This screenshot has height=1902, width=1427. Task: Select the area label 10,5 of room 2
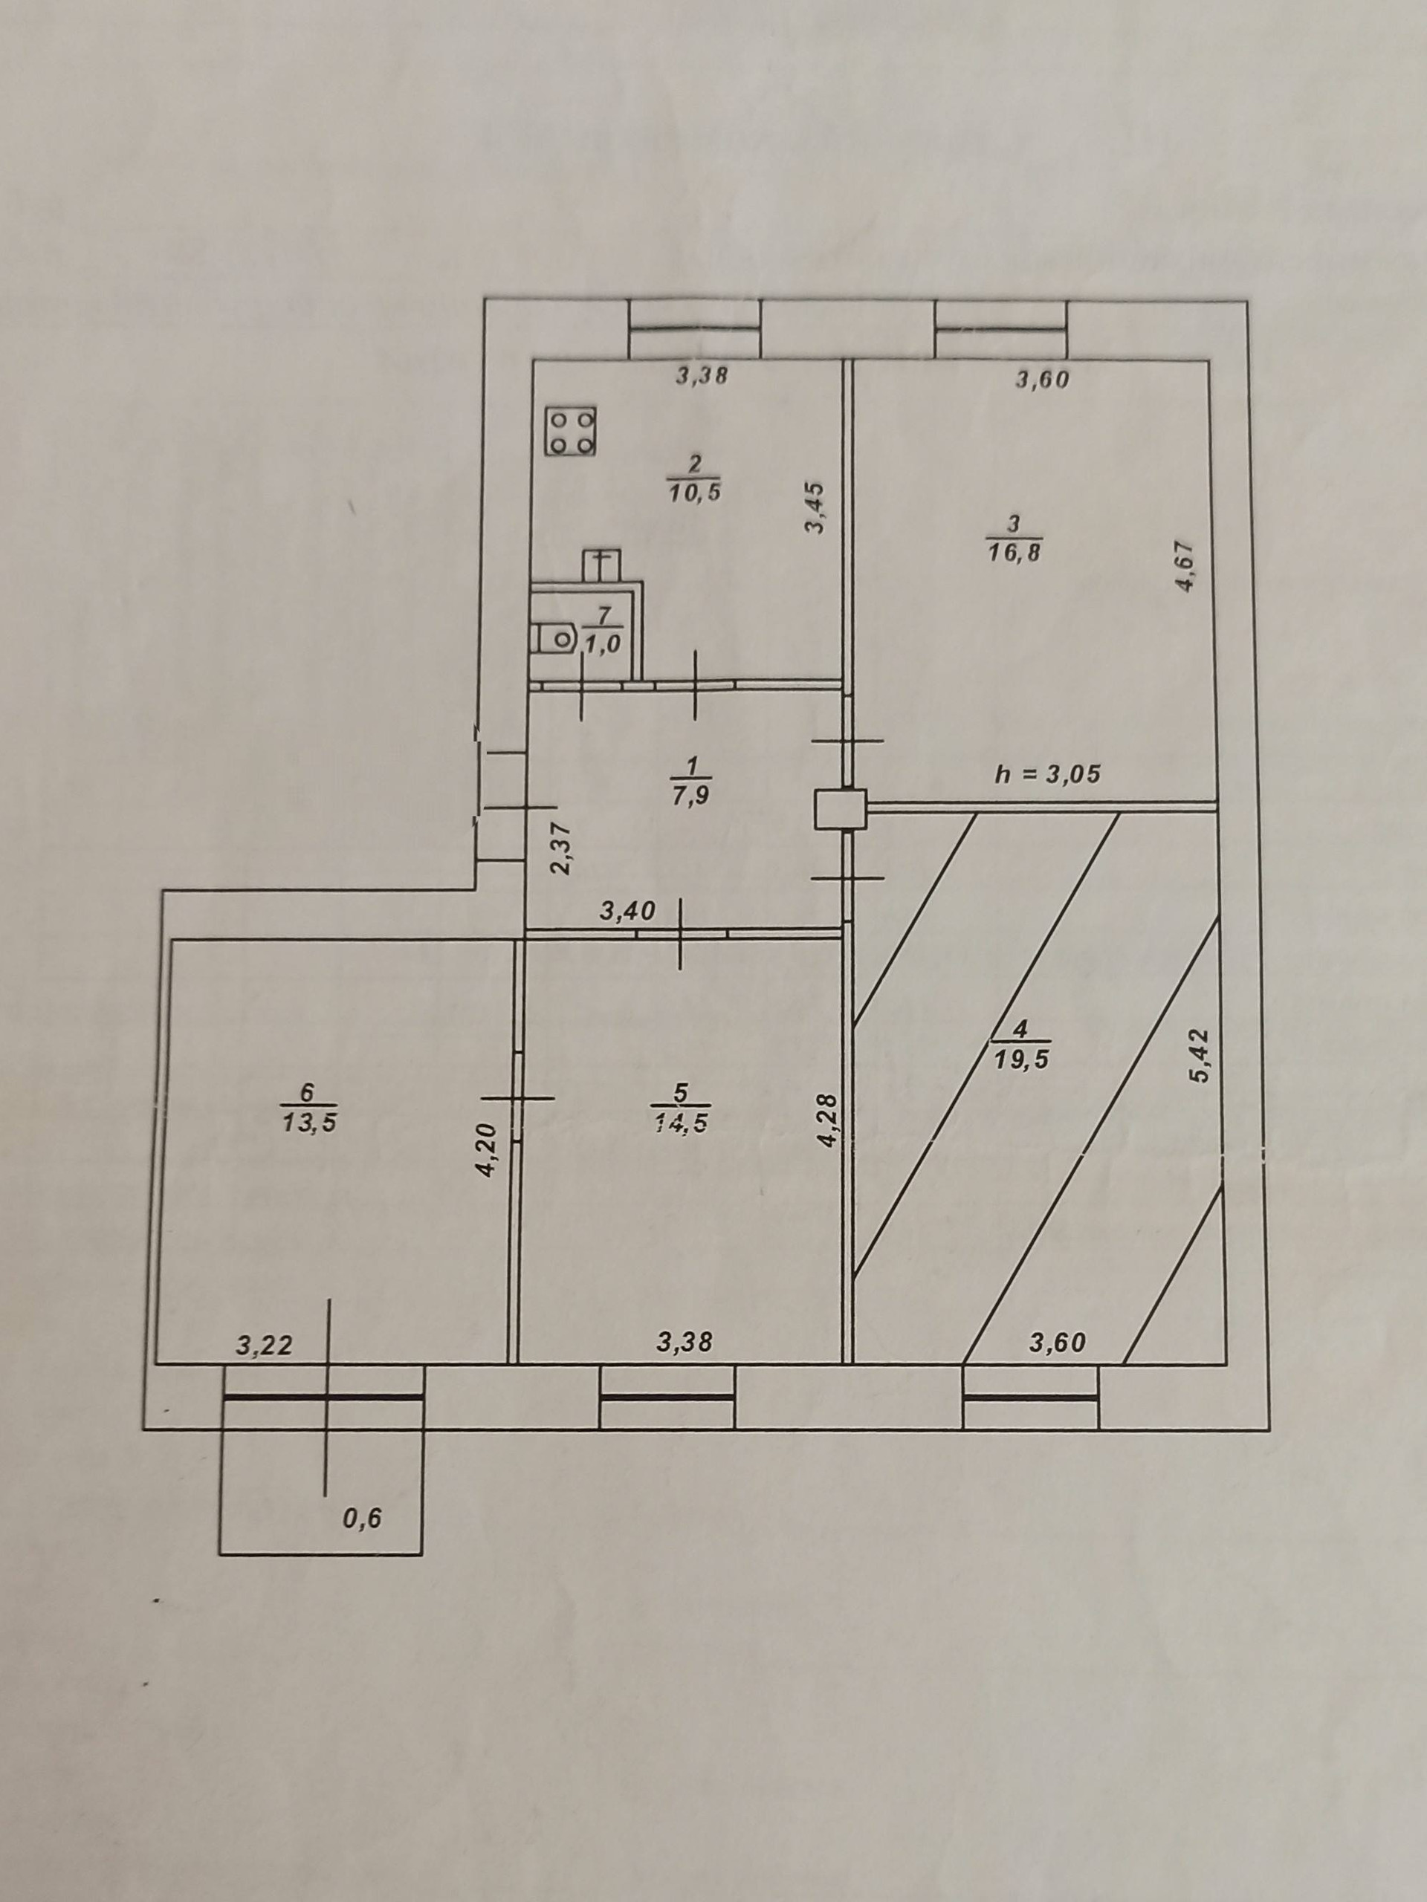click(693, 493)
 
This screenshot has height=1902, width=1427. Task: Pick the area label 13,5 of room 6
click(308, 1121)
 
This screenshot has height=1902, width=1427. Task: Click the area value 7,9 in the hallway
click(693, 796)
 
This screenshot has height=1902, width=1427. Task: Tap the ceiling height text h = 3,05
click(1046, 774)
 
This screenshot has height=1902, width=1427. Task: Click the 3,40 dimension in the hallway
click(628, 911)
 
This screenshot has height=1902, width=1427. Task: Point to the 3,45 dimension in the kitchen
click(815, 507)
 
